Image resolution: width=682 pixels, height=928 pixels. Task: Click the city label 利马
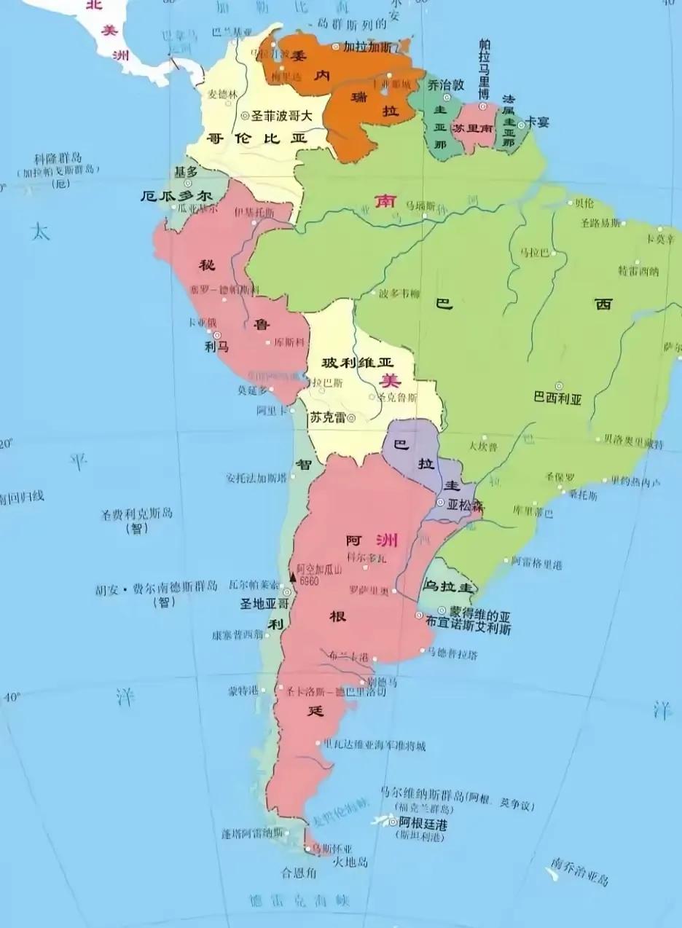point(217,347)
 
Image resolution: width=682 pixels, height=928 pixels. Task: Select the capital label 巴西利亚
point(557,398)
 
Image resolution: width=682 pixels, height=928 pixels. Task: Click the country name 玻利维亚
point(357,362)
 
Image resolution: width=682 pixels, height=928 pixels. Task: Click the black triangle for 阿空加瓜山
point(293,577)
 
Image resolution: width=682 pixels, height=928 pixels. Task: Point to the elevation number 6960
point(310,581)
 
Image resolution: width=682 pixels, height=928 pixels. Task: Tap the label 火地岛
point(350,862)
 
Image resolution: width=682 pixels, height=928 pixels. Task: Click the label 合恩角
point(299,872)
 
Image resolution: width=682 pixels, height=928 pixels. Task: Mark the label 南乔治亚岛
point(579,872)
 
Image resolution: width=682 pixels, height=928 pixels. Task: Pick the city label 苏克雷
point(327,418)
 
